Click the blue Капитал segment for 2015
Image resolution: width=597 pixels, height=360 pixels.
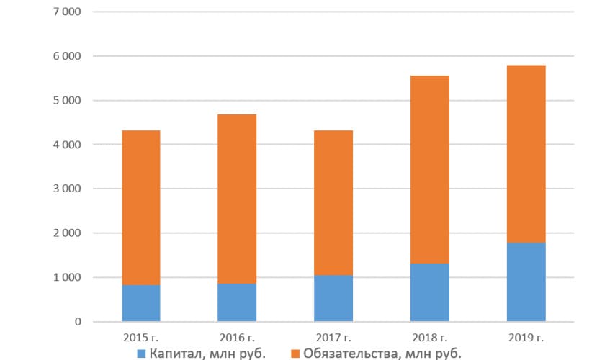(141, 303)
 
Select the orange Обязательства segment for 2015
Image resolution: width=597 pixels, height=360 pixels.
(141, 208)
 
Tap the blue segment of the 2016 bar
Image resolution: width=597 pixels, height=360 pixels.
(237, 302)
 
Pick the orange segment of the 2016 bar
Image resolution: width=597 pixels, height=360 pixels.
(237, 199)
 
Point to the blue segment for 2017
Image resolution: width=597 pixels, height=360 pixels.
(333, 298)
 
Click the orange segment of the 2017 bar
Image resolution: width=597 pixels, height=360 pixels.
(333, 203)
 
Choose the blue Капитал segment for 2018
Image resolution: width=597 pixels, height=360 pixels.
(430, 292)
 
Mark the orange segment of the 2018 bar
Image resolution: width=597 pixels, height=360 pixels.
(430, 170)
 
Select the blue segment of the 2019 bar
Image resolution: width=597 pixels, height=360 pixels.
(526, 282)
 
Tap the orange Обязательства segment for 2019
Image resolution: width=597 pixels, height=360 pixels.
(526, 154)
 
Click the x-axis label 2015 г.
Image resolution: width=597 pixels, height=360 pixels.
(141, 338)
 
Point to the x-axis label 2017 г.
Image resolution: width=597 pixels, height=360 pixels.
(333, 338)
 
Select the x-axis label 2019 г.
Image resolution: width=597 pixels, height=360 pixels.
(526, 338)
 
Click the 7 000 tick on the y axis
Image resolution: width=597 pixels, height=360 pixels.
(67, 12)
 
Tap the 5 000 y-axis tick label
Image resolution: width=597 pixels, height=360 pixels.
(67, 101)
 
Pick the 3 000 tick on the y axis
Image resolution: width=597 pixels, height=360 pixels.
(67, 189)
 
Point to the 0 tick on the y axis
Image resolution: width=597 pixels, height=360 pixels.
(78, 322)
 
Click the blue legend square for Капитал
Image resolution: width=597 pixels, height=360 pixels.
(141, 354)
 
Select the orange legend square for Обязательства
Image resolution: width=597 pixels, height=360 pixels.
(295, 354)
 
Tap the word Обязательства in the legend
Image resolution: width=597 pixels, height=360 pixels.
(351, 354)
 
